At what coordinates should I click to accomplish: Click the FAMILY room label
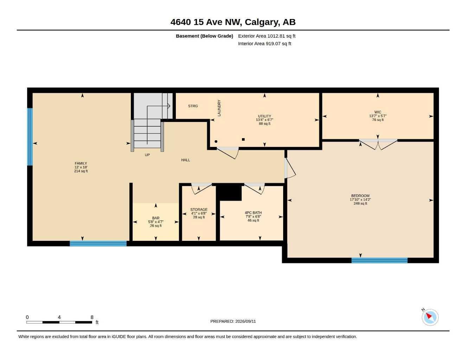(81, 163)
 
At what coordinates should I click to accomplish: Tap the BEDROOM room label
(360, 195)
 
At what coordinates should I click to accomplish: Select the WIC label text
(378, 112)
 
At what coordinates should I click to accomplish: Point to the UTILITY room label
(264, 116)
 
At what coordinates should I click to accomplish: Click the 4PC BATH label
(253, 213)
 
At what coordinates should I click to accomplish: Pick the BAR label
(156, 218)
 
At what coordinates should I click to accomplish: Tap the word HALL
(185, 160)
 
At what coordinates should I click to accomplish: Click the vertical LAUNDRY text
(219, 108)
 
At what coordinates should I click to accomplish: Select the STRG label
(193, 106)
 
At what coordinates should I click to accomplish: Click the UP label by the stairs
(147, 155)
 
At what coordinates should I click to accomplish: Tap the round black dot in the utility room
(216, 141)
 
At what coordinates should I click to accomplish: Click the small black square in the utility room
(243, 139)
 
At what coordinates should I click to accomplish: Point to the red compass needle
(429, 316)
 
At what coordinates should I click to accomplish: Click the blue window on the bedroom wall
(379, 261)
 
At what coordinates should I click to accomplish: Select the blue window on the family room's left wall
(30, 137)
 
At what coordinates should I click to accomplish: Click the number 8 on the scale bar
(92, 317)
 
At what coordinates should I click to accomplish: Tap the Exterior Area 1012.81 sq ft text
(267, 36)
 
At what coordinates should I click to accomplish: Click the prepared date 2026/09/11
(245, 321)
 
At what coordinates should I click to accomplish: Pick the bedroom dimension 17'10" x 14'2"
(360, 199)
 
